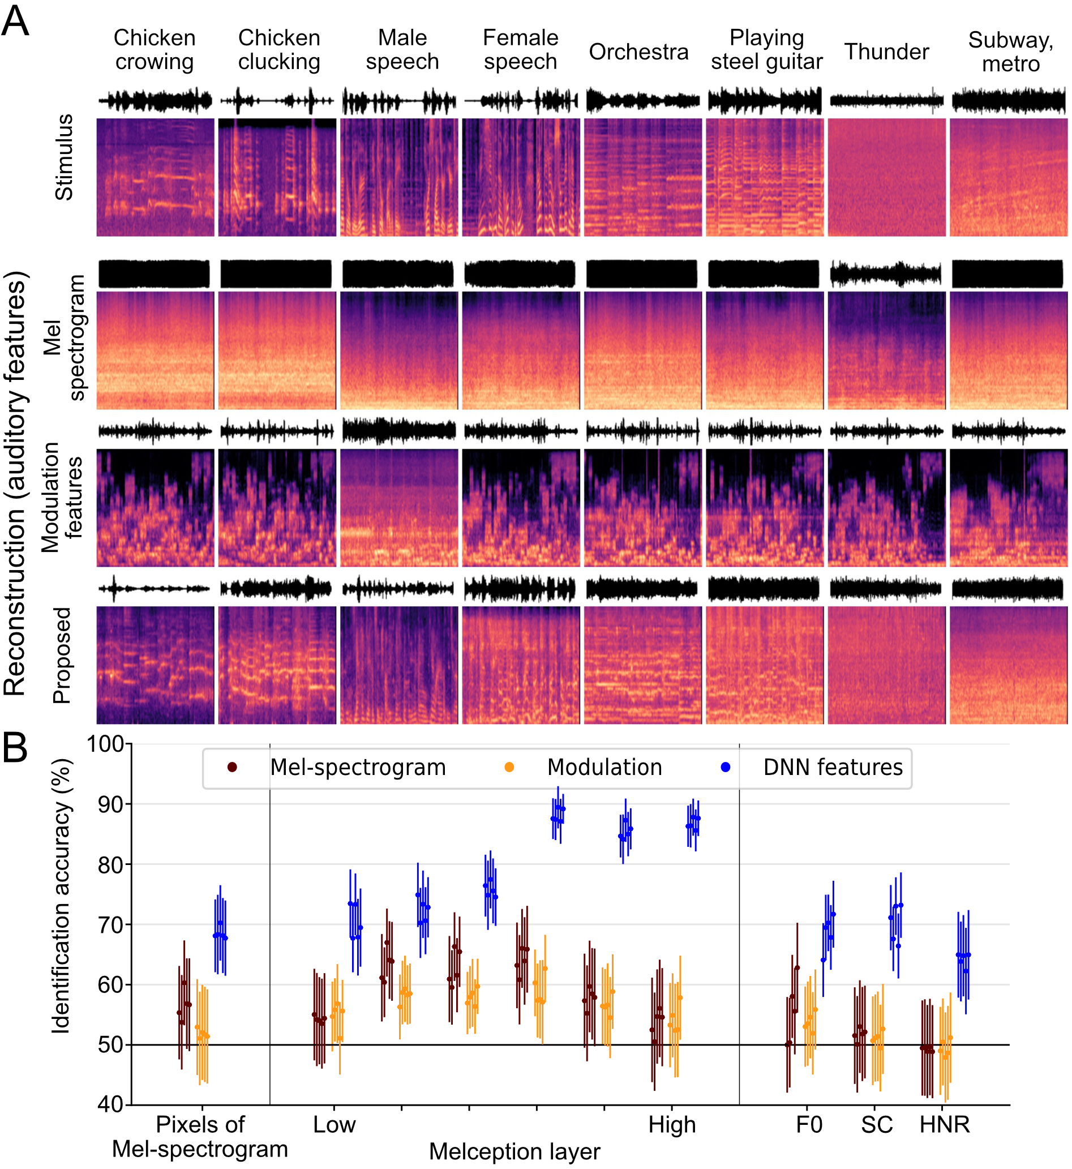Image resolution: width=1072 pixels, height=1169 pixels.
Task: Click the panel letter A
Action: point(15,21)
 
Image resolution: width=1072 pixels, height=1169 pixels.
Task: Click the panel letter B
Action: point(15,747)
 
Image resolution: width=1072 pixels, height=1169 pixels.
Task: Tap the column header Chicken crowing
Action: point(155,49)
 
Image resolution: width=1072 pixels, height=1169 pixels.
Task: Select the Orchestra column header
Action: point(638,52)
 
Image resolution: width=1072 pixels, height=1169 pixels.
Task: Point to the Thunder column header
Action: point(886,52)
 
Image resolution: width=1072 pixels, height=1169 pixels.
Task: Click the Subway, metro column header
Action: point(1010,52)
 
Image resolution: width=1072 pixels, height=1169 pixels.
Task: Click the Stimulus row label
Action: point(64,157)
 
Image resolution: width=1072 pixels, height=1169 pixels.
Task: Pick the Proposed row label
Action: point(62,656)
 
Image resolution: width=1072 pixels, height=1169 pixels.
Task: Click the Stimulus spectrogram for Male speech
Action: point(399,177)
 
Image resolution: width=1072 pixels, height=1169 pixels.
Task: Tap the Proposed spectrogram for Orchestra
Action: point(643,665)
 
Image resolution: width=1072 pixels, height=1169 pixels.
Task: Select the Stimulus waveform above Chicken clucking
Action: point(277,101)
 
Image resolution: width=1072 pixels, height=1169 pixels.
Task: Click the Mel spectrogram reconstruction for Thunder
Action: point(886,350)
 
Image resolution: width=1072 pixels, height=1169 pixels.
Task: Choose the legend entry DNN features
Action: point(833,768)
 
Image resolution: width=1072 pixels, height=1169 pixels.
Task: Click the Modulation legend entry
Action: point(604,768)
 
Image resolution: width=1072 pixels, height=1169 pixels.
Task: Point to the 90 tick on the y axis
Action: point(111,804)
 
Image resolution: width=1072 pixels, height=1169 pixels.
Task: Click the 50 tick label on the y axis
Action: point(111,1045)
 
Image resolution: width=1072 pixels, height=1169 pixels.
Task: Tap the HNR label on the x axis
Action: point(945,1124)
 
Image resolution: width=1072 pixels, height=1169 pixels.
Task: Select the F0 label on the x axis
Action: point(809,1124)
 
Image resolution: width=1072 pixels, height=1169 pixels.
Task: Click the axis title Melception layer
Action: point(514,1151)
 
